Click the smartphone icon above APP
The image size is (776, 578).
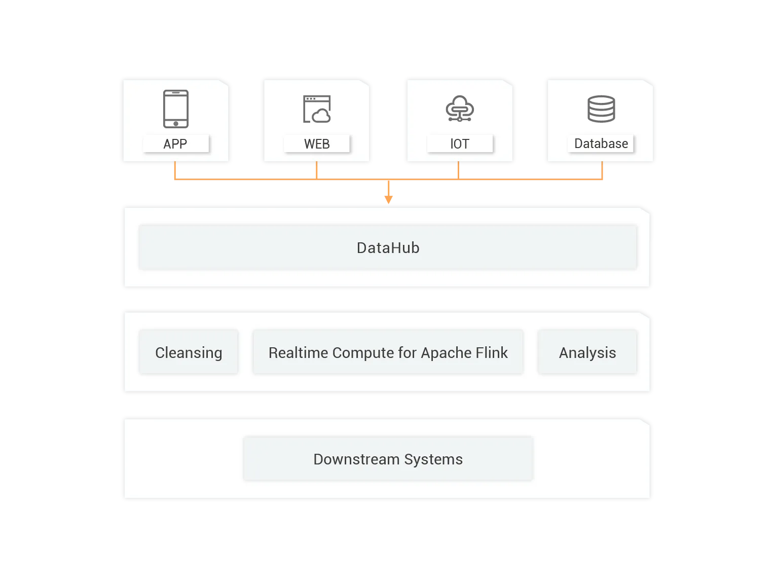(x=176, y=109)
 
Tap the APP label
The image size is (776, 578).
(x=175, y=144)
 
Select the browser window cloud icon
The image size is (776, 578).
(x=317, y=109)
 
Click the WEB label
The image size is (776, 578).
(x=317, y=144)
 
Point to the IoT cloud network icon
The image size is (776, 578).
(x=459, y=109)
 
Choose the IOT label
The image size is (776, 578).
(x=460, y=144)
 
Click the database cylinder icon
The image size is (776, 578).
(x=601, y=109)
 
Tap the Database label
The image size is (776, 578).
(x=601, y=144)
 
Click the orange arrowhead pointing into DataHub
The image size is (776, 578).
(x=389, y=198)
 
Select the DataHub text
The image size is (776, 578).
(x=388, y=248)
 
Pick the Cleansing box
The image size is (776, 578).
(x=189, y=352)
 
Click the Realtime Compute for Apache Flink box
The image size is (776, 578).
(x=388, y=352)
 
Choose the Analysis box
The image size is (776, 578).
(x=587, y=352)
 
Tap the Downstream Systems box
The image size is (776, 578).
(x=388, y=459)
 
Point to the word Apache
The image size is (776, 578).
(x=445, y=352)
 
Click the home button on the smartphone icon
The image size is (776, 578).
(x=176, y=123)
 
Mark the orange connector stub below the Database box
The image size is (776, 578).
(x=602, y=171)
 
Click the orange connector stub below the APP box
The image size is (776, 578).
(x=175, y=171)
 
